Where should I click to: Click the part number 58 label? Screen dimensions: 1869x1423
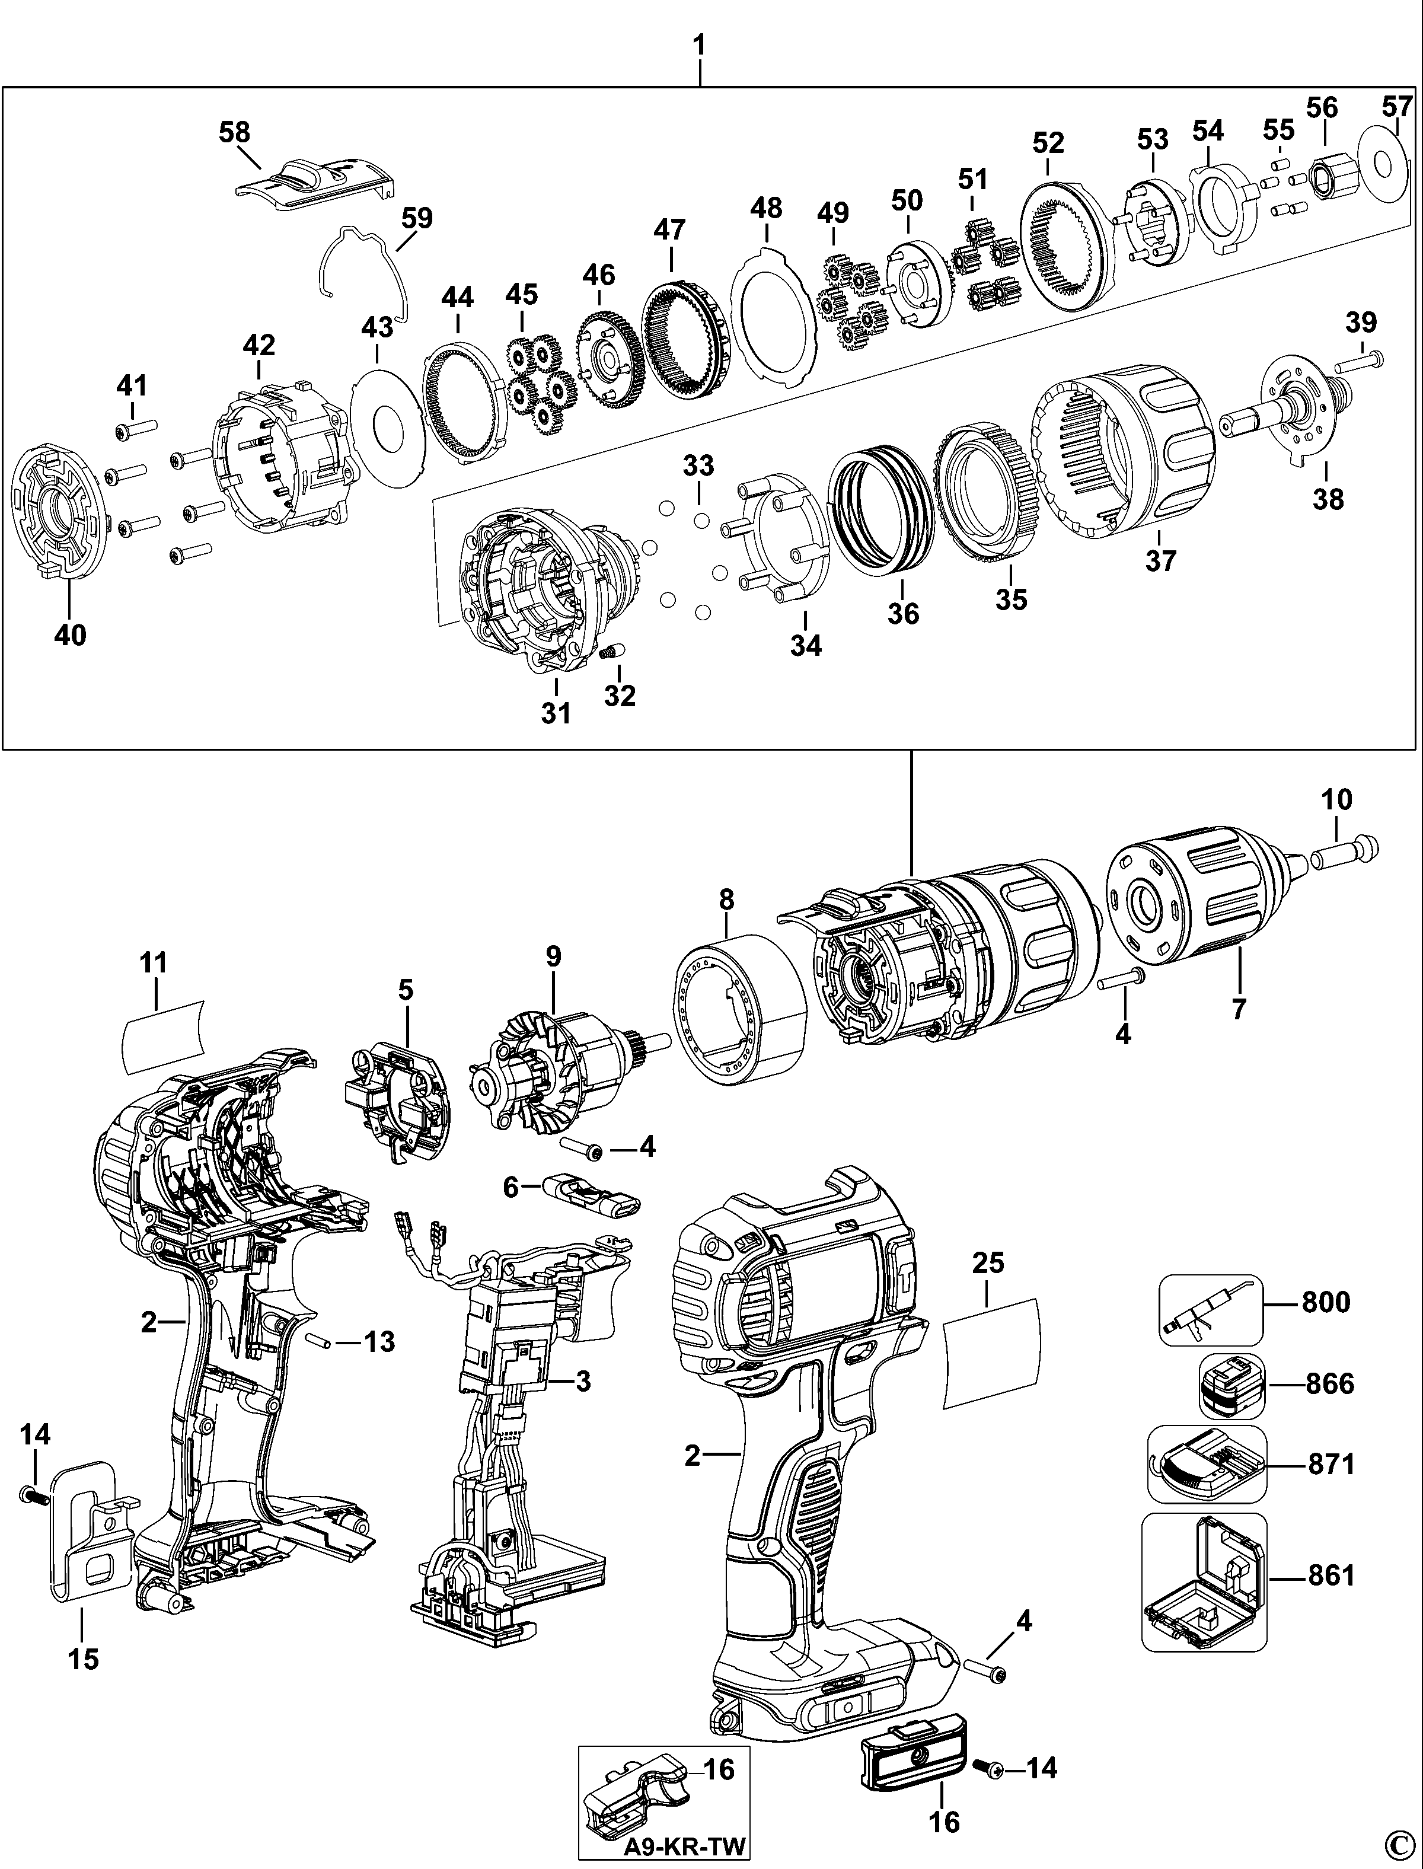click(235, 133)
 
